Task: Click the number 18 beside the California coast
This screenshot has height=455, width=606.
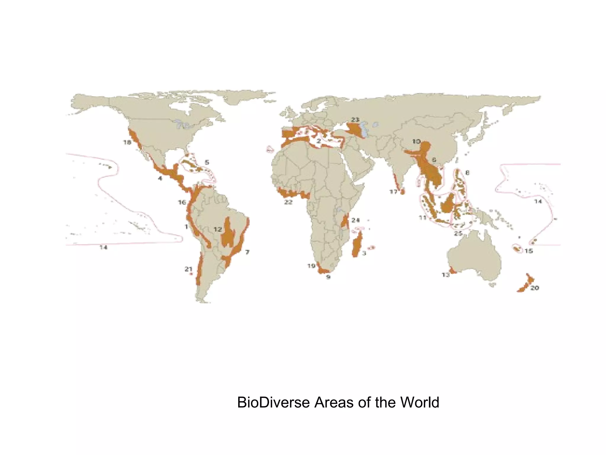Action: (x=127, y=142)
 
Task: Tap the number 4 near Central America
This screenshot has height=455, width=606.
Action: (x=160, y=178)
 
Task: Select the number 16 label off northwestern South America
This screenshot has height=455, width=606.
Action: (x=182, y=203)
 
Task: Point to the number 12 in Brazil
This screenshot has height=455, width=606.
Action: (x=218, y=229)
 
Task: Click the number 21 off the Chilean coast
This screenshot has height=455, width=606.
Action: (x=188, y=269)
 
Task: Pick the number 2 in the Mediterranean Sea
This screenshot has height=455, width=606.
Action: (x=319, y=141)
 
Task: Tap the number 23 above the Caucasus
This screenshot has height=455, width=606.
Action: (x=355, y=120)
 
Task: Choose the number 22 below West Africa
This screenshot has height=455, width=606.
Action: (x=288, y=202)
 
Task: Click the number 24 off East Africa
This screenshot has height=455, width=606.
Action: (x=355, y=220)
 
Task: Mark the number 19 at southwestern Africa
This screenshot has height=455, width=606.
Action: (x=311, y=266)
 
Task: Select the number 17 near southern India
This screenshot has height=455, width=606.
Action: (x=393, y=192)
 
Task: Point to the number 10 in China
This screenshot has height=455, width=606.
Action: (x=416, y=142)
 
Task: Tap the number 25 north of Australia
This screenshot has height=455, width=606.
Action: (x=458, y=234)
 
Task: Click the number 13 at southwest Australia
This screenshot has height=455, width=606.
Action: (x=446, y=275)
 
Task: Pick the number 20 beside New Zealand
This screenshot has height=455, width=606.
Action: (x=534, y=288)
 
